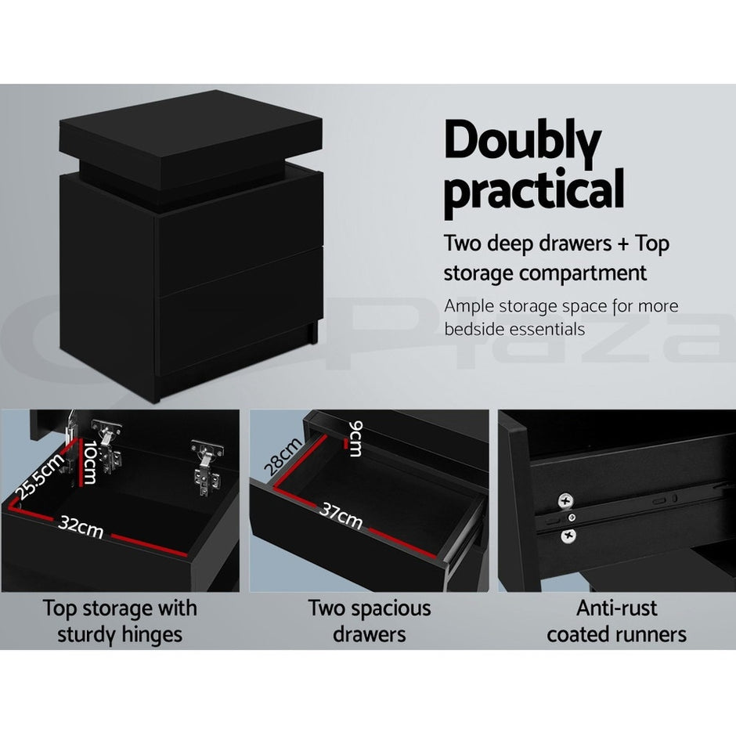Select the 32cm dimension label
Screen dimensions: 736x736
coord(81,529)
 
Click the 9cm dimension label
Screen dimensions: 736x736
coord(355,438)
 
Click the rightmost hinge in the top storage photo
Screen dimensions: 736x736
coord(206,467)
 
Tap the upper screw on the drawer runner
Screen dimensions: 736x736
coord(563,500)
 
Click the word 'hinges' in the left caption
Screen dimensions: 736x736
coord(153,633)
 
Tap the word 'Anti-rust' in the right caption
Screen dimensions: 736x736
coord(616,608)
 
